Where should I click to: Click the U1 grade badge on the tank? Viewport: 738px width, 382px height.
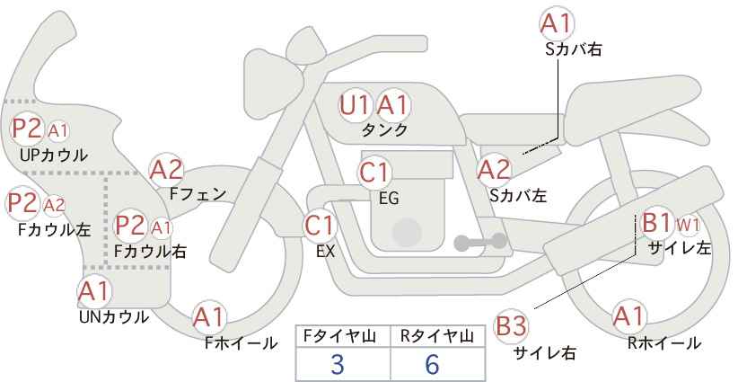[355, 106]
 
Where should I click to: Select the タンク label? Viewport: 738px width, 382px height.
[384, 130]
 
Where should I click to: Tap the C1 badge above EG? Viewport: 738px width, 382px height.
[374, 173]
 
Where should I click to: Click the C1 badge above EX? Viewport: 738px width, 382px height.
[320, 226]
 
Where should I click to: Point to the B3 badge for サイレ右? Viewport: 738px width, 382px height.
[511, 326]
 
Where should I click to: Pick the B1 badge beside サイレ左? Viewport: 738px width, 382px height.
[656, 222]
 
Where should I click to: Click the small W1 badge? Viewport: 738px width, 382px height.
[688, 226]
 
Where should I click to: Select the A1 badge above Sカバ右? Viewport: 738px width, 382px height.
[557, 23]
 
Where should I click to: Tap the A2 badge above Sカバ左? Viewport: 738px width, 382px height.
[494, 171]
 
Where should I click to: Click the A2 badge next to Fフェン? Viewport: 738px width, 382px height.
[166, 170]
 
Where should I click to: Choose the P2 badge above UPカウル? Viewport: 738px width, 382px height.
[27, 129]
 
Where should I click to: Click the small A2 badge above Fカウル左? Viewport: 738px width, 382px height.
[55, 205]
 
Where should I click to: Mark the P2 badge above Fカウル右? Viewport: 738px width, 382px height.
[131, 226]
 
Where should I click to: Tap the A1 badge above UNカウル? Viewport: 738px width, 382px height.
[94, 292]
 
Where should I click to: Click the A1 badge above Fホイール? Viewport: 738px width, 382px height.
[209, 317]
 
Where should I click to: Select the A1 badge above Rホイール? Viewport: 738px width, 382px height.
[628, 317]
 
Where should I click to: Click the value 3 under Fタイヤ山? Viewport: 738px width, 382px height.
[338, 364]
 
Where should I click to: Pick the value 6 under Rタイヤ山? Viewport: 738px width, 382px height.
[432, 364]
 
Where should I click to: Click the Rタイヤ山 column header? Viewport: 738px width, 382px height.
[437, 336]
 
